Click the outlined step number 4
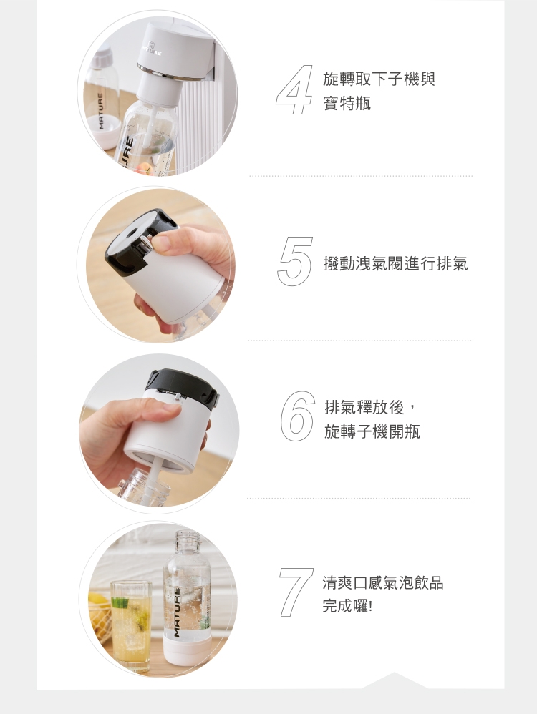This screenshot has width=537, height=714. pos(294,89)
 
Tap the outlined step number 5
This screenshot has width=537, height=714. pos(295,262)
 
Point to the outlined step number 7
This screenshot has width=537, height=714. pos(296,592)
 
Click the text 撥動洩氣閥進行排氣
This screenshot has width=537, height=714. pos(395,263)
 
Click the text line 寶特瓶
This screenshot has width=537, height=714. pos(347,104)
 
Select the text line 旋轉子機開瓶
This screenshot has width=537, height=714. pos(372,431)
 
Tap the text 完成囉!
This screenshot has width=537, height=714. pos(347,607)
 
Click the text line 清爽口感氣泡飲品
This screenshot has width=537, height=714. pos(383,583)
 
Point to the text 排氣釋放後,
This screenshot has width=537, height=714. pos(369,408)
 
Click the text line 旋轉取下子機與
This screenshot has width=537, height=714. pos(379,79)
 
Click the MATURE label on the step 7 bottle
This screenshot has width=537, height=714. pos(176,612)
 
